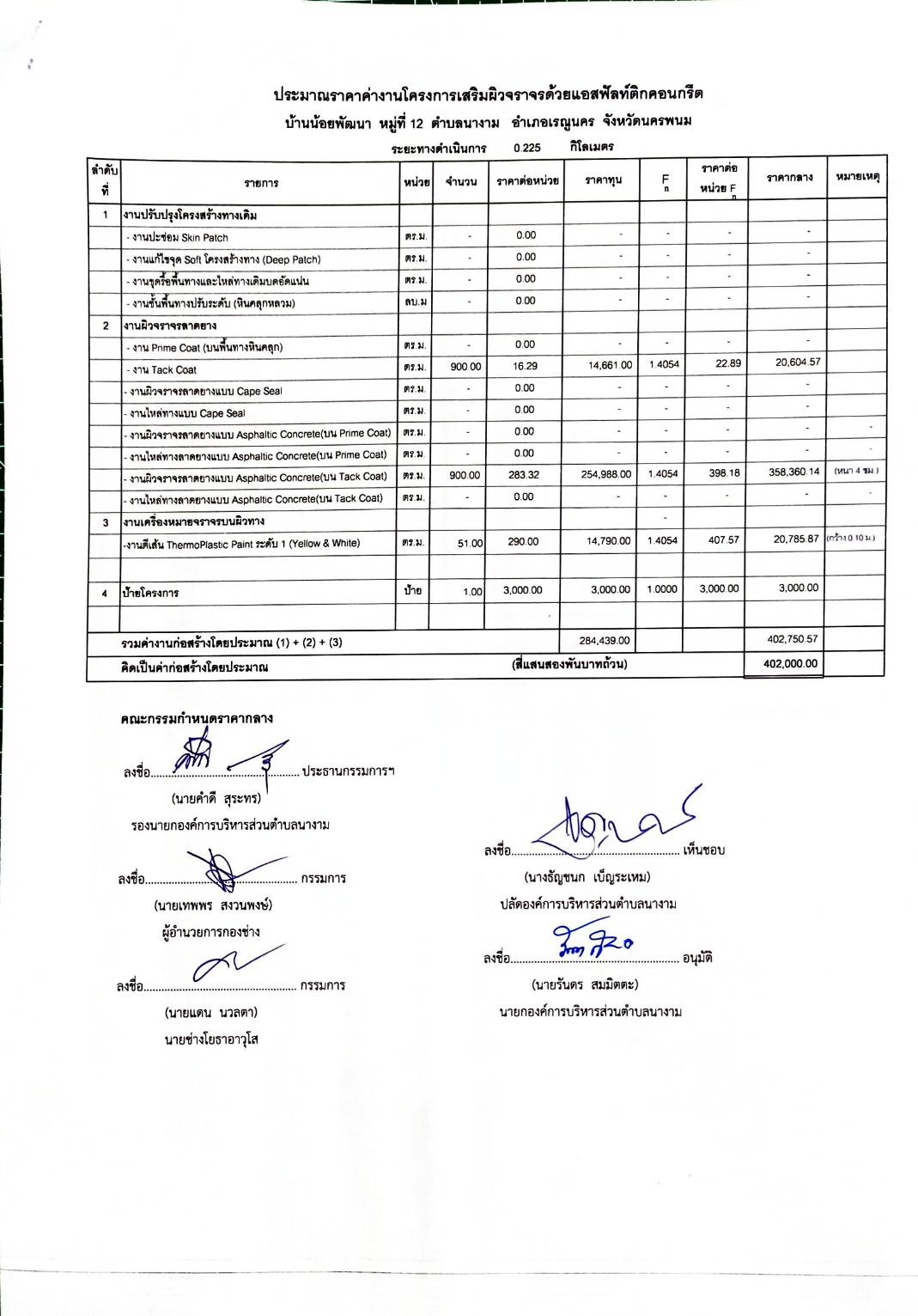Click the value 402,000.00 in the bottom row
[790, 664]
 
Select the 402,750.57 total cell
[790, 639]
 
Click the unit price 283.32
[523, 474]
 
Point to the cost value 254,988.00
[605, 474]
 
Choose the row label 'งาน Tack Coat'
[164, 370]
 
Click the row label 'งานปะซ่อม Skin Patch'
[179, 238]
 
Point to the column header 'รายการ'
[261, 183]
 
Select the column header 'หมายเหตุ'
[857, 177]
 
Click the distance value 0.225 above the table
[527, 148]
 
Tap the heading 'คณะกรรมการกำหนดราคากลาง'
[197, 718]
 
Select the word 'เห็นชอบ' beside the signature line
[704, 850]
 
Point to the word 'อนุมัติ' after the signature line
[697, 958]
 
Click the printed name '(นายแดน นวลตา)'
[211, 1013]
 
